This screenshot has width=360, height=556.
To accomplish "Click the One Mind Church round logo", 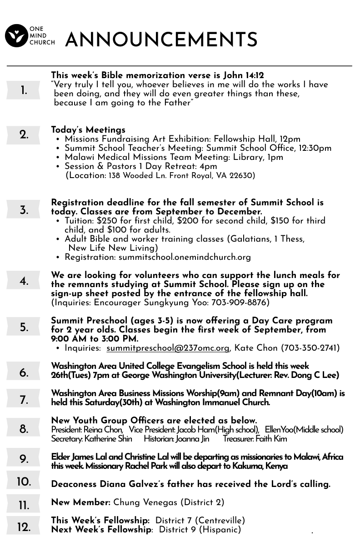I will coord(16,36).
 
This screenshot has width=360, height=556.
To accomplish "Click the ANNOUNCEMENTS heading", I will coord(161,40).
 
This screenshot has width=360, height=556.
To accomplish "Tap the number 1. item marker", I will coord(24,90).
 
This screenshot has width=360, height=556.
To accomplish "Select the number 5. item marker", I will coord(24,327).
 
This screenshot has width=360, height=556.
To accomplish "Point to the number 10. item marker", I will coord(24,482).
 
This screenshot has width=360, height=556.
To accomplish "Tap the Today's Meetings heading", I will coord(88,130).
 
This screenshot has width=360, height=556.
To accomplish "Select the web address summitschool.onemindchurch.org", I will coord(185,257).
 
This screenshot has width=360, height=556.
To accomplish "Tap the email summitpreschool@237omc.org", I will coord(168,348).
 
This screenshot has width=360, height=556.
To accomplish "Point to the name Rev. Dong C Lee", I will coord(315,375).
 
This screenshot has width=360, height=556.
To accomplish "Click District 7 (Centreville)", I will coord(200,521).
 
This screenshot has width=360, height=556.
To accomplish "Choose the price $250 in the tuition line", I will coord(106,221).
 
